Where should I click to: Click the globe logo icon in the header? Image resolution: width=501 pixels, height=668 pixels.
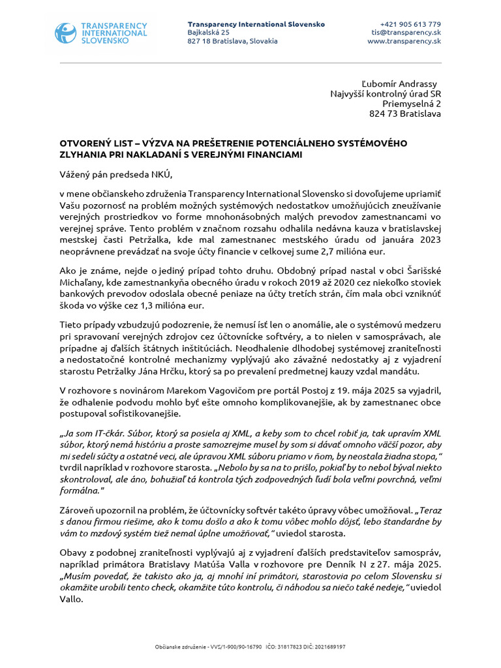click(x=66, y=33)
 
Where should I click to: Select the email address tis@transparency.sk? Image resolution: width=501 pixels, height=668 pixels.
click(x=406, y=32)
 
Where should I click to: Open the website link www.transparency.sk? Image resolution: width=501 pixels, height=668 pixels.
click(x=404, y=40)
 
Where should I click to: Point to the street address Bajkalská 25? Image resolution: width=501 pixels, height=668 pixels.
click(x=208, y=32)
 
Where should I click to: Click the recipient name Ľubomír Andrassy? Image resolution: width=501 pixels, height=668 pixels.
click(x=401, y=83)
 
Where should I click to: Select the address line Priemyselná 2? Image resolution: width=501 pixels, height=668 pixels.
click(x=411, y=103)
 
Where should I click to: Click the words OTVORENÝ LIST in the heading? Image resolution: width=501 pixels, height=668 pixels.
click(x=91, y=143)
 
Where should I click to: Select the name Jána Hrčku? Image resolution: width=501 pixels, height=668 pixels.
click(x=186, y=371)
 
